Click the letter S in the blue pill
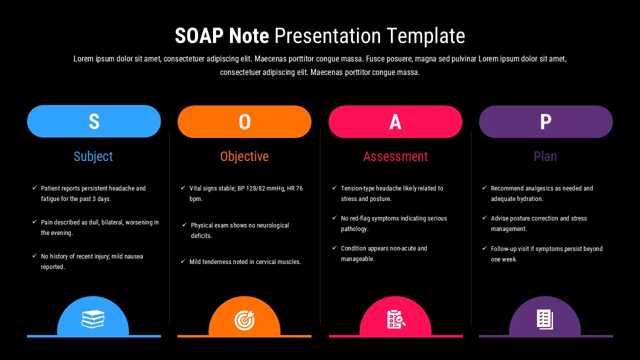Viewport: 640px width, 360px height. coord(94,121)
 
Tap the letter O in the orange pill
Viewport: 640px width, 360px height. coord(244,122)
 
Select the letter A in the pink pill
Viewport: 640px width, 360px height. coord(395,122)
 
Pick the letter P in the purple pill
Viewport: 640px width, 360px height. coord(545,121)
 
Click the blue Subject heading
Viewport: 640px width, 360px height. coord(93,156)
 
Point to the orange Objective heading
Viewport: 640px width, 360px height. coord(244,156)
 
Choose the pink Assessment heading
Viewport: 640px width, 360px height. coord(395,156)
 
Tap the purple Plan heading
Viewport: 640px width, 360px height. coord(545,156)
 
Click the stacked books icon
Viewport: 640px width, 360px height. coord(93,319)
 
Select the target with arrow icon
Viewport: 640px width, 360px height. coord(244,320)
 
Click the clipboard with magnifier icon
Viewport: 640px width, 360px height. coord(396,319)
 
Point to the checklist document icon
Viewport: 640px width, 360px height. coord(545,319)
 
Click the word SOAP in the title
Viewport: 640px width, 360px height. coord(199,36)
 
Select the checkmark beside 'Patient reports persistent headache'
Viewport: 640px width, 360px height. coord(34,187)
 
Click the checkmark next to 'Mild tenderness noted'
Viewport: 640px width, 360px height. coord(183,261)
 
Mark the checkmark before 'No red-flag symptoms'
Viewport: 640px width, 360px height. coord(334,217)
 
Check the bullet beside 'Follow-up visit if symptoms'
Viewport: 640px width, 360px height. coord(484,248)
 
